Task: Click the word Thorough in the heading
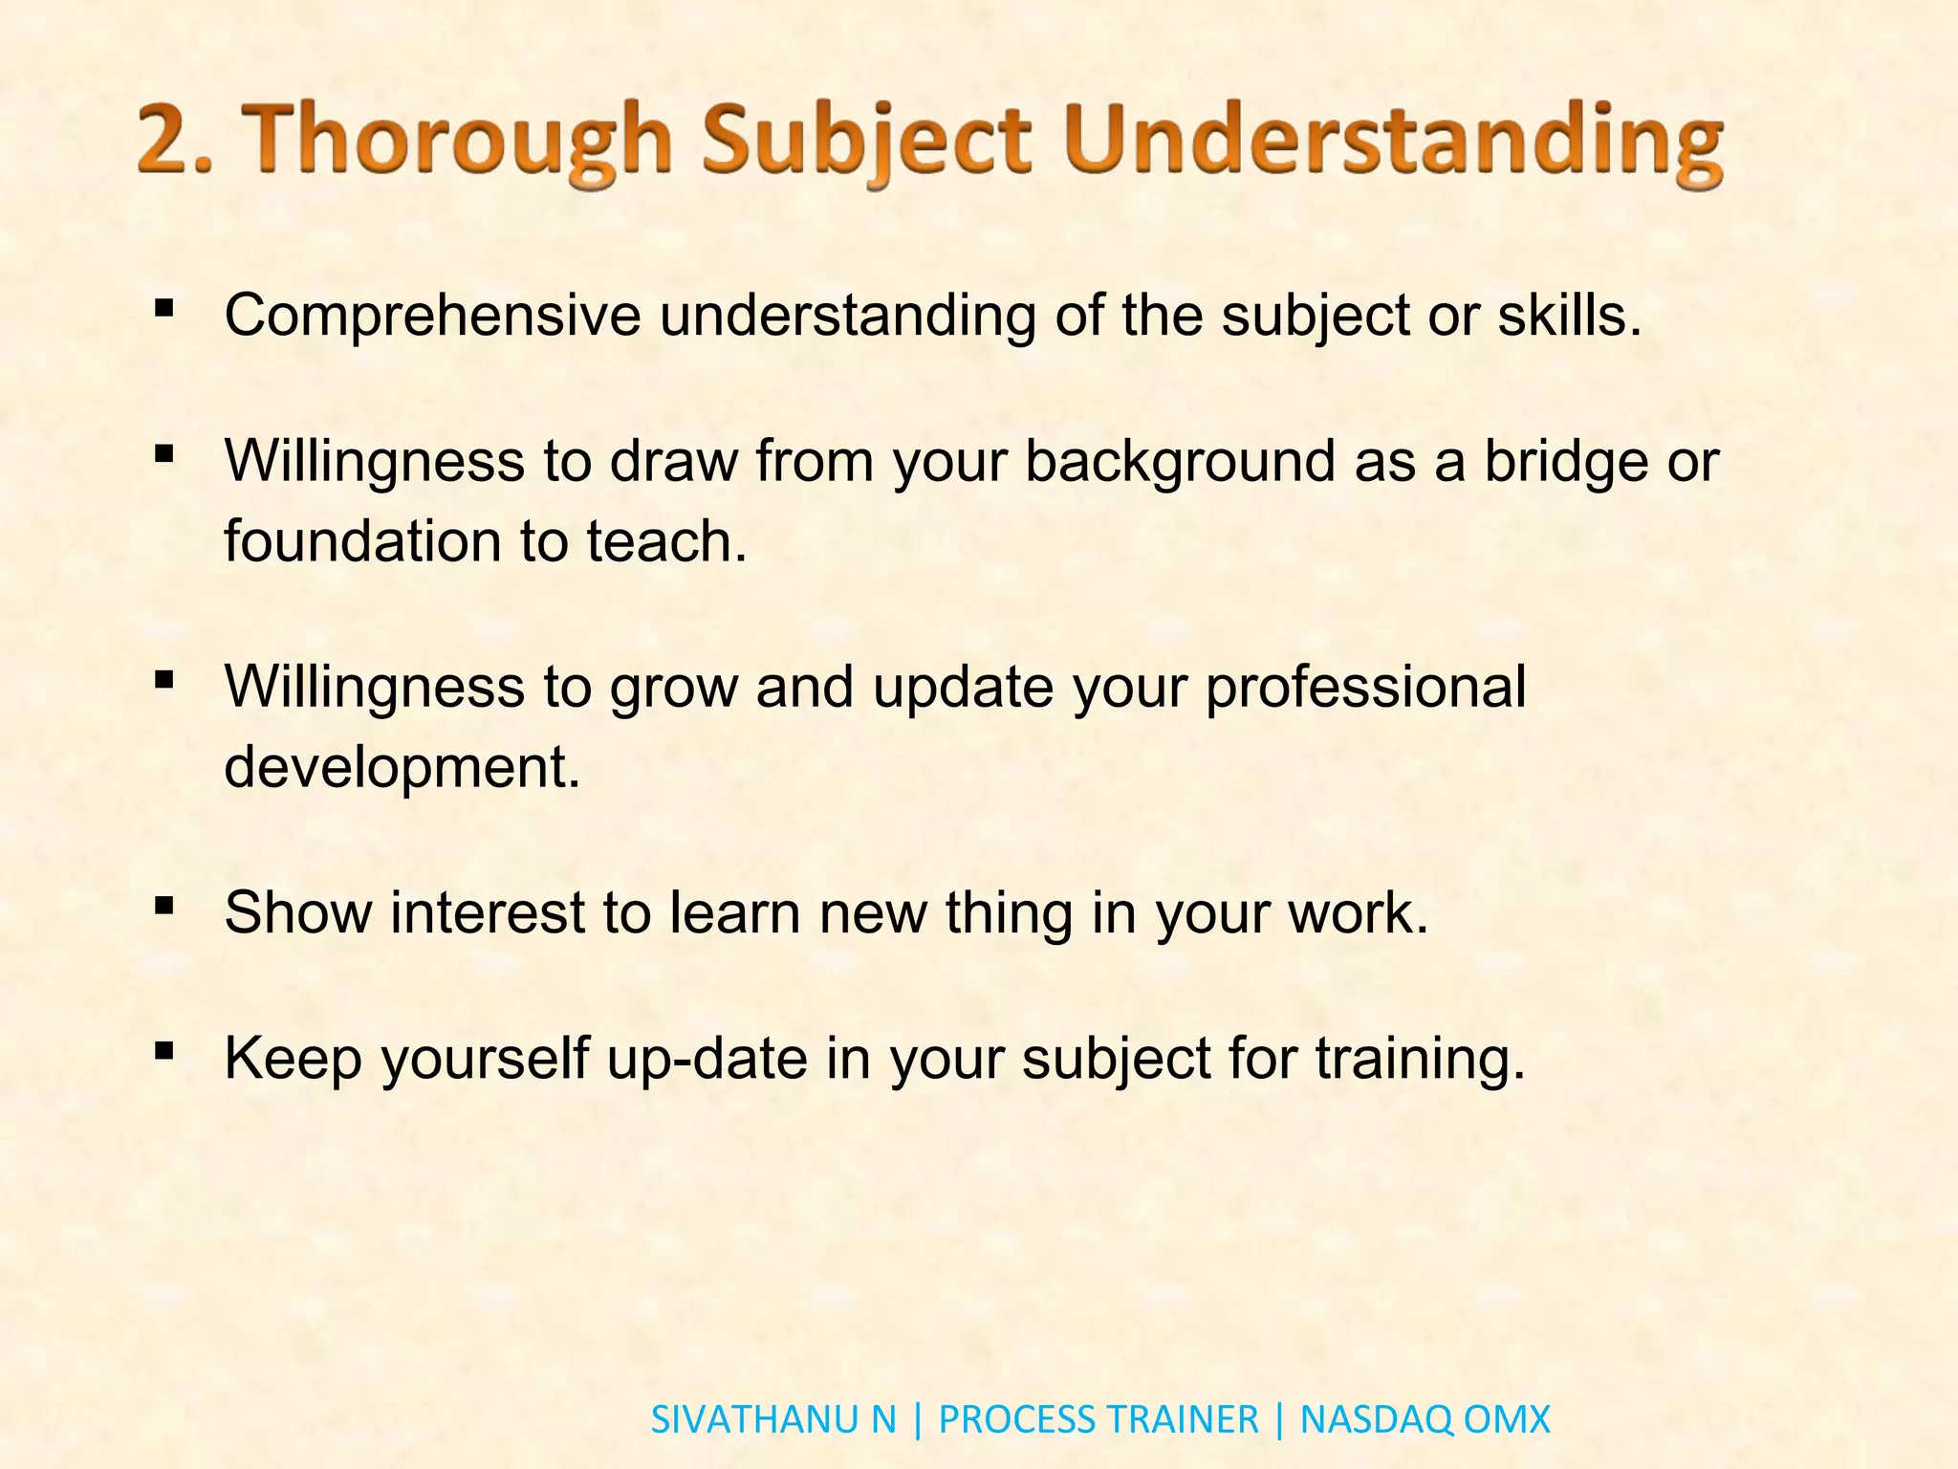[x=456, y=142]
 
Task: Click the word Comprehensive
[x=431, y=316]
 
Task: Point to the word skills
[x=1568, y=315]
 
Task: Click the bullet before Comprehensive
[x=163, y=308]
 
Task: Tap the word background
[x=1179, y=462]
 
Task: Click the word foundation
[x=362, y=541]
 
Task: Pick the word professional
[x=1364, y=688]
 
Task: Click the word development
[x=401, y=768]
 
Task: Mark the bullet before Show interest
[x=163, y=905]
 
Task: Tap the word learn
[x=733, y=912]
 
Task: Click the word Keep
[x=293, y=1059]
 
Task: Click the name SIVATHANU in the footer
[x=756, y=1419]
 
